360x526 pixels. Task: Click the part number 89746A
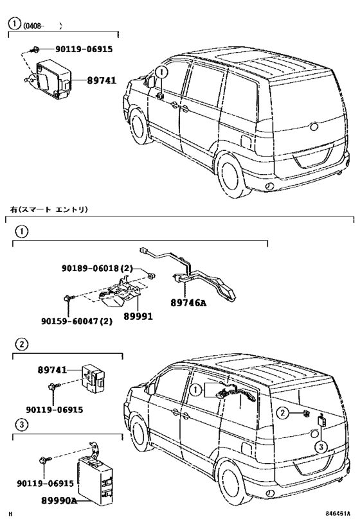click(x=188, y=302)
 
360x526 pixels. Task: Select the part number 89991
click(x=138, y=316)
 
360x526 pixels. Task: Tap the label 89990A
click(x=59, y=500)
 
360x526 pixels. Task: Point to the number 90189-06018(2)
click(x=97, y=268)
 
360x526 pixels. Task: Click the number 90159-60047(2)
click(x=77, y=321)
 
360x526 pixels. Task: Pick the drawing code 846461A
click(x=337, y=514)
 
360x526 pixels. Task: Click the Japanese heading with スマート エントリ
click(x=49, y=209)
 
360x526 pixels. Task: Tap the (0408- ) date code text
click(x=42, y=26)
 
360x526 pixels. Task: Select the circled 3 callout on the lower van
click(x=321, y=447)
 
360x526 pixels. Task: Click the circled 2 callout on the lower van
click(x=283, y=413)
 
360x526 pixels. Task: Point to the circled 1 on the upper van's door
click(x=161, y=72)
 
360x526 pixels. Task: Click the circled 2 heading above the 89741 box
click(x=22, y=344)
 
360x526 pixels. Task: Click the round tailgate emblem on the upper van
click(x=314, y=127)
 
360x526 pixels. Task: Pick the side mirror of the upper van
click(x=151, y=82)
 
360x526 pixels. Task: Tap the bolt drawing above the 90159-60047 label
click(x=67, y=298)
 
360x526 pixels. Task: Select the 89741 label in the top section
click(x=102, y=80)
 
